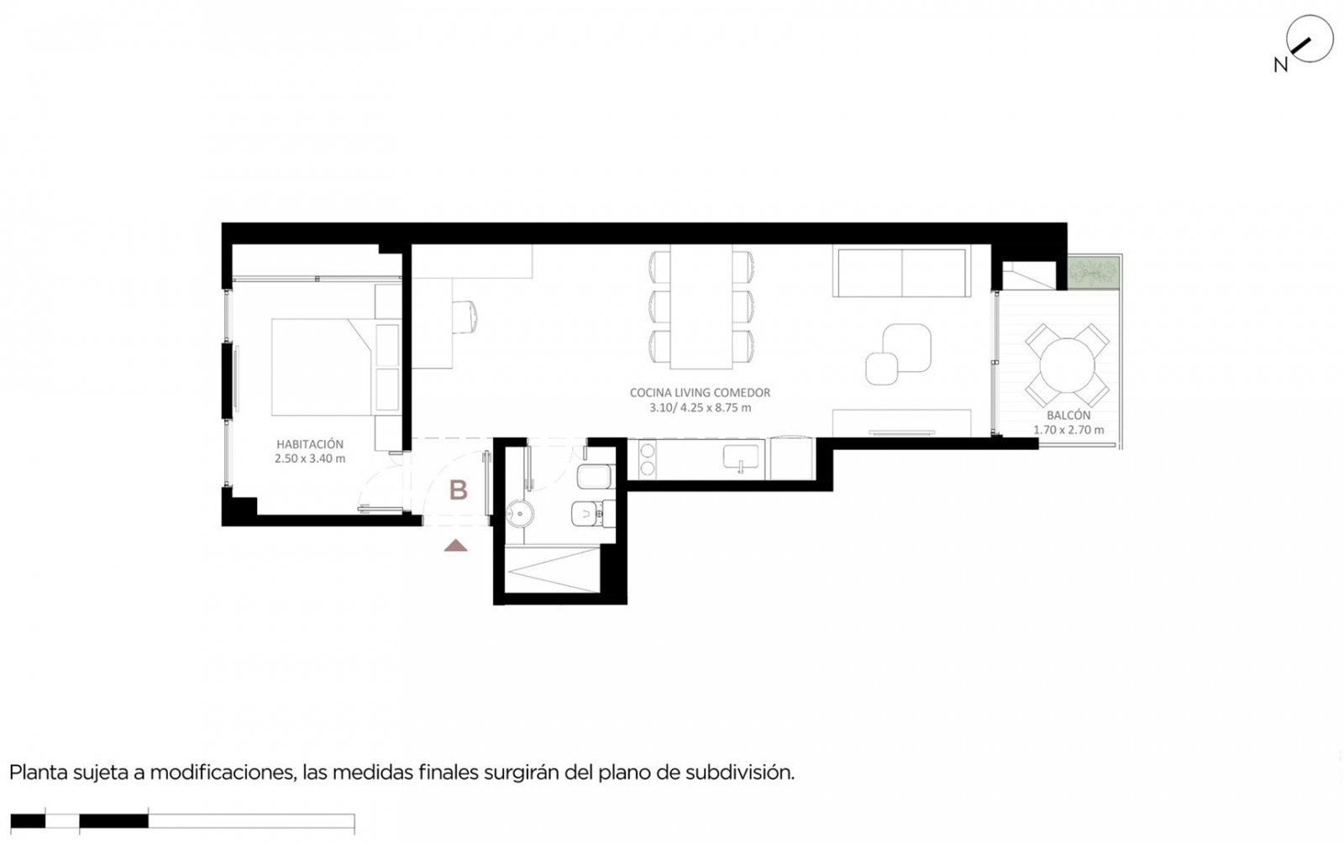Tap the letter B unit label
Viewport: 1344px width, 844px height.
point(459,490)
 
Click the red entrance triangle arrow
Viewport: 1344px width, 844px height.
point(456,545)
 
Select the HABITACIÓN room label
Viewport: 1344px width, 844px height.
point(310,444)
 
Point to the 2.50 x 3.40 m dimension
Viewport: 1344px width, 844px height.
point(310,459)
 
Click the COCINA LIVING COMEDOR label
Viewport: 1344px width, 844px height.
point(700,392)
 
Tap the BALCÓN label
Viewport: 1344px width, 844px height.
point(1068,415)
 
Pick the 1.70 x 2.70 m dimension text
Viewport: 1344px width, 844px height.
point(1068,429)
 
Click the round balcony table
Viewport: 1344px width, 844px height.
point(1067,364)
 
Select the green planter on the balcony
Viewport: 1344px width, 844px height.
point(1094,273)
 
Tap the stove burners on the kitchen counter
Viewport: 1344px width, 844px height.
point(647,459)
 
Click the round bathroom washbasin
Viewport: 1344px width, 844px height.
point(520,514)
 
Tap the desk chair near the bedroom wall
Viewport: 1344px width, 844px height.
point(465,316)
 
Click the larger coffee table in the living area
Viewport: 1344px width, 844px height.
point(907,348)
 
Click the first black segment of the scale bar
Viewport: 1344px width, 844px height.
point(28,820)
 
